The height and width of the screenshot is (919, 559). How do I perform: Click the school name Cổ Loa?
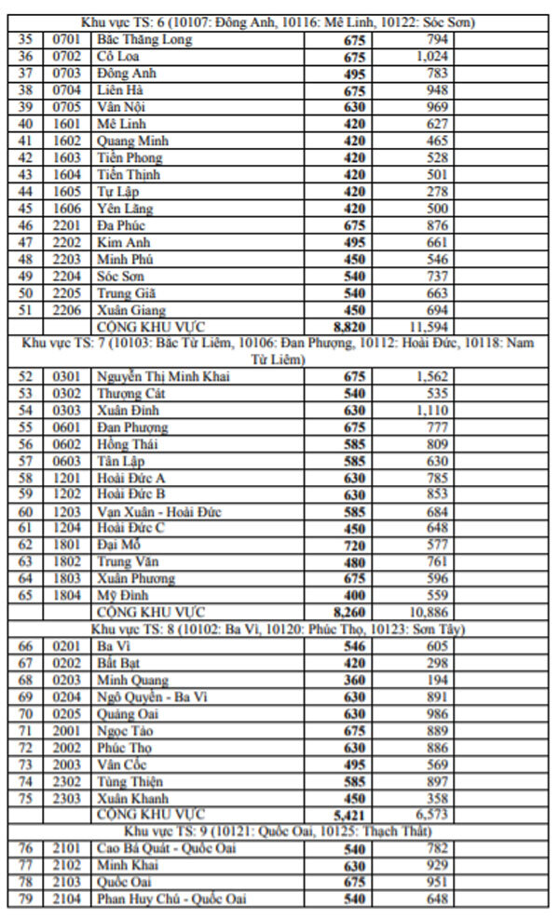pos(115,57)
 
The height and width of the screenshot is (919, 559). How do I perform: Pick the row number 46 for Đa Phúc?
pos(25,225)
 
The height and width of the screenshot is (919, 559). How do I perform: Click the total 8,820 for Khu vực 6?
pos(348,327)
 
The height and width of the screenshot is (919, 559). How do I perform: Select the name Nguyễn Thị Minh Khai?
pos(163,376)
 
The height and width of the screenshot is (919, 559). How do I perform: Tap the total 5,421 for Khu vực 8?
pos(348,814)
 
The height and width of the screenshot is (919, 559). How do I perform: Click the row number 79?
pos(25,899)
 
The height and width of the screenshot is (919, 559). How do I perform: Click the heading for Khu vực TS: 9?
pos(279,831)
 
